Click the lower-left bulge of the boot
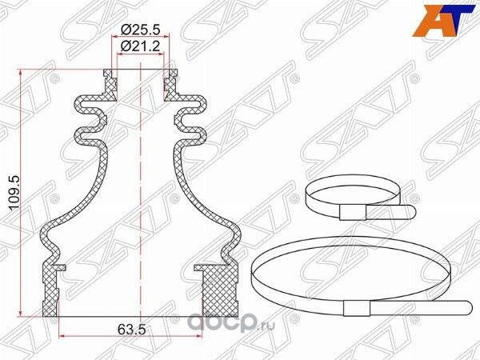tap(50, 236)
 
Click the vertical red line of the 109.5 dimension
tap(22, 192)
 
